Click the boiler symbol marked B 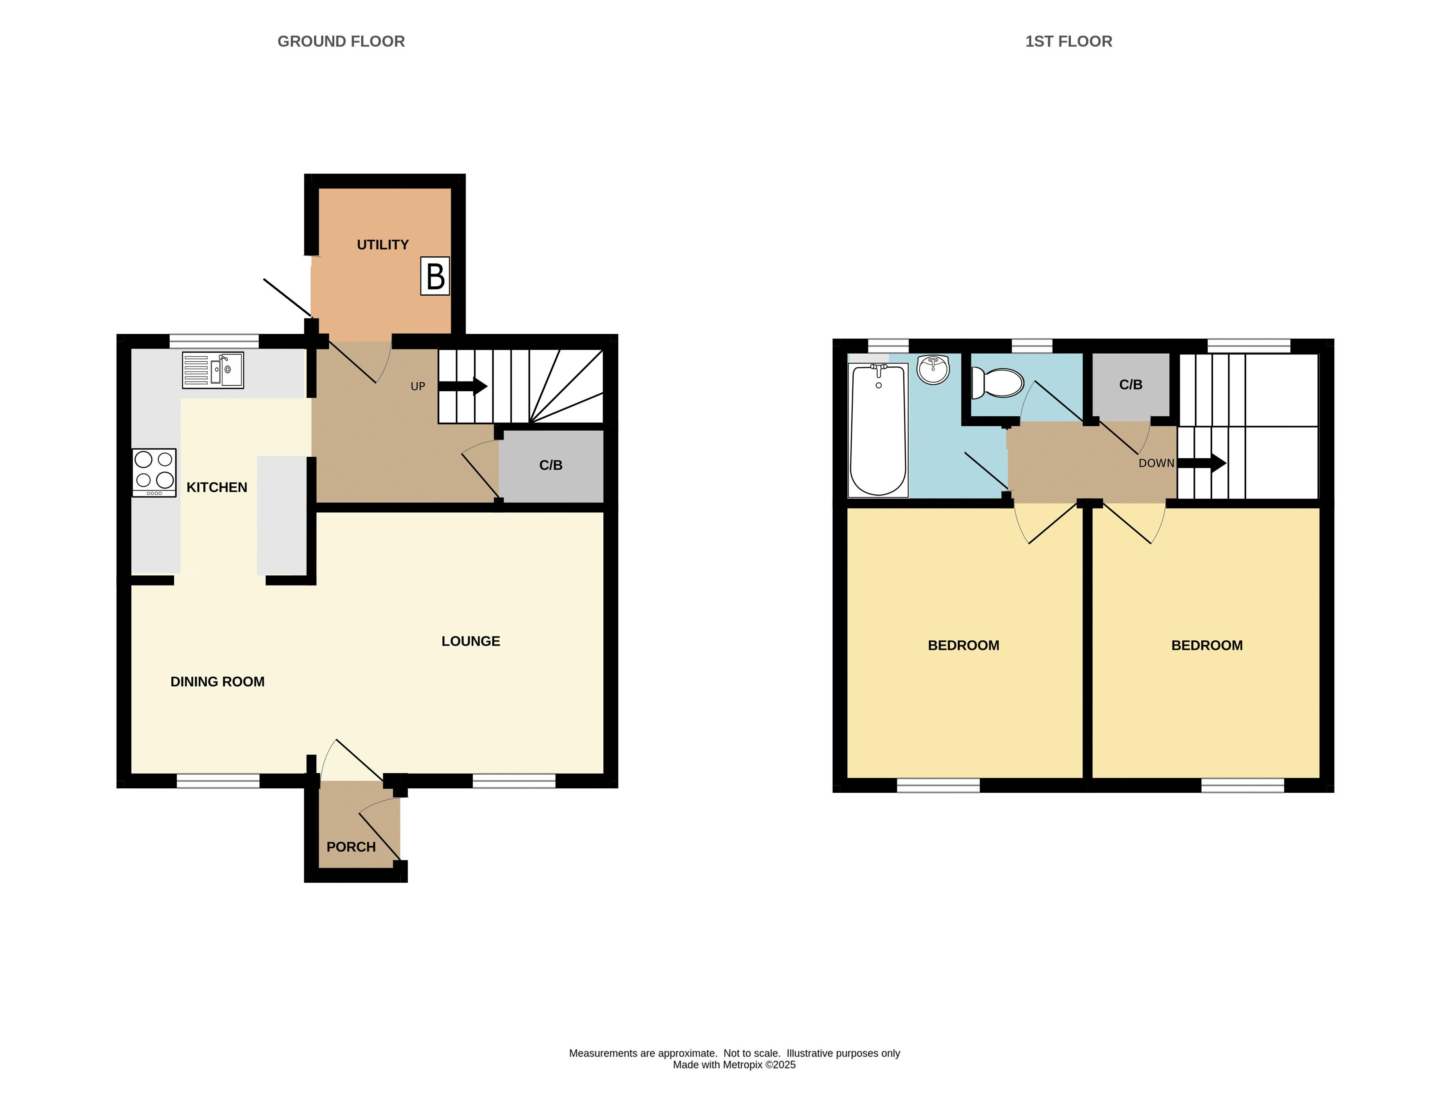click(x=435, y=276)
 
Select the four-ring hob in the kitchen click(x=154, y=473)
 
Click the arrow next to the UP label click(x=463, y=386)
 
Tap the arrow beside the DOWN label click(x=1202, y=463)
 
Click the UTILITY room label click(x=383, y=244)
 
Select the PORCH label click(x=351, y=847)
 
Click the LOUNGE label click(x=470, y=641)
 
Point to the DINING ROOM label click(x=217, y=681)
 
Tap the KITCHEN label click(x=217, y=487)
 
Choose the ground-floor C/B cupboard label click(x=551, y=465)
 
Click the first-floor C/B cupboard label click(x=1131, y=384)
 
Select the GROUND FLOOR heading click(x=341, y=41)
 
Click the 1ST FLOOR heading click(x=1068, y=41)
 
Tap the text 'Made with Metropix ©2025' click(x=734, y=1065)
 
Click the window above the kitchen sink click(x=214, y=341)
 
